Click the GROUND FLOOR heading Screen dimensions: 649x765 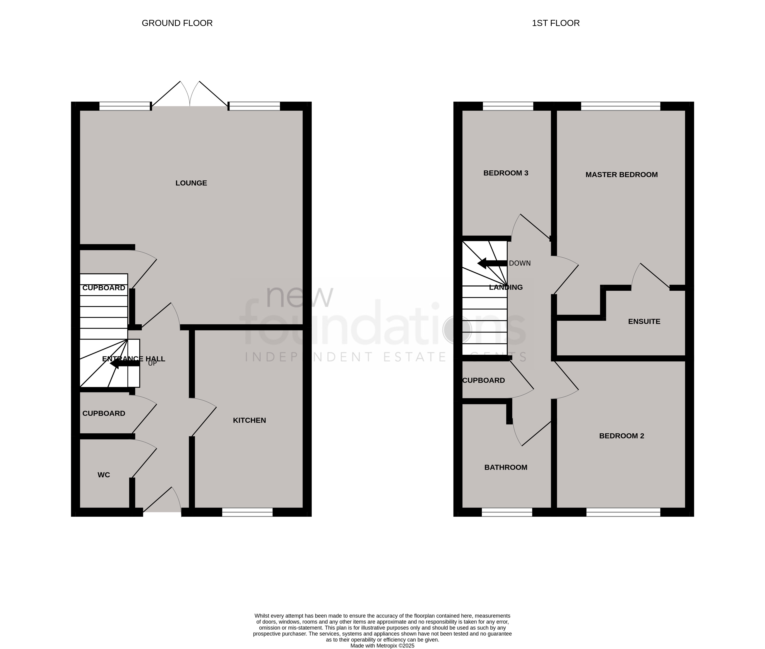coord(177,23)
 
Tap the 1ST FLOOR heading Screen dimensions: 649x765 coord(556,23)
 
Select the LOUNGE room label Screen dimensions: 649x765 coord(191,183)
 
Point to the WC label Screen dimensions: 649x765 coord(104,475)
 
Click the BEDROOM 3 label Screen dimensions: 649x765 coord(506,173)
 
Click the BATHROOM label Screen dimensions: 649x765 coord(506,467)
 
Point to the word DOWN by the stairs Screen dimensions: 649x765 coord(520,263)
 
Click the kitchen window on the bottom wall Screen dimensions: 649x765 coord(247,512)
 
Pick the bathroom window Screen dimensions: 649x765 coord(507,512)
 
